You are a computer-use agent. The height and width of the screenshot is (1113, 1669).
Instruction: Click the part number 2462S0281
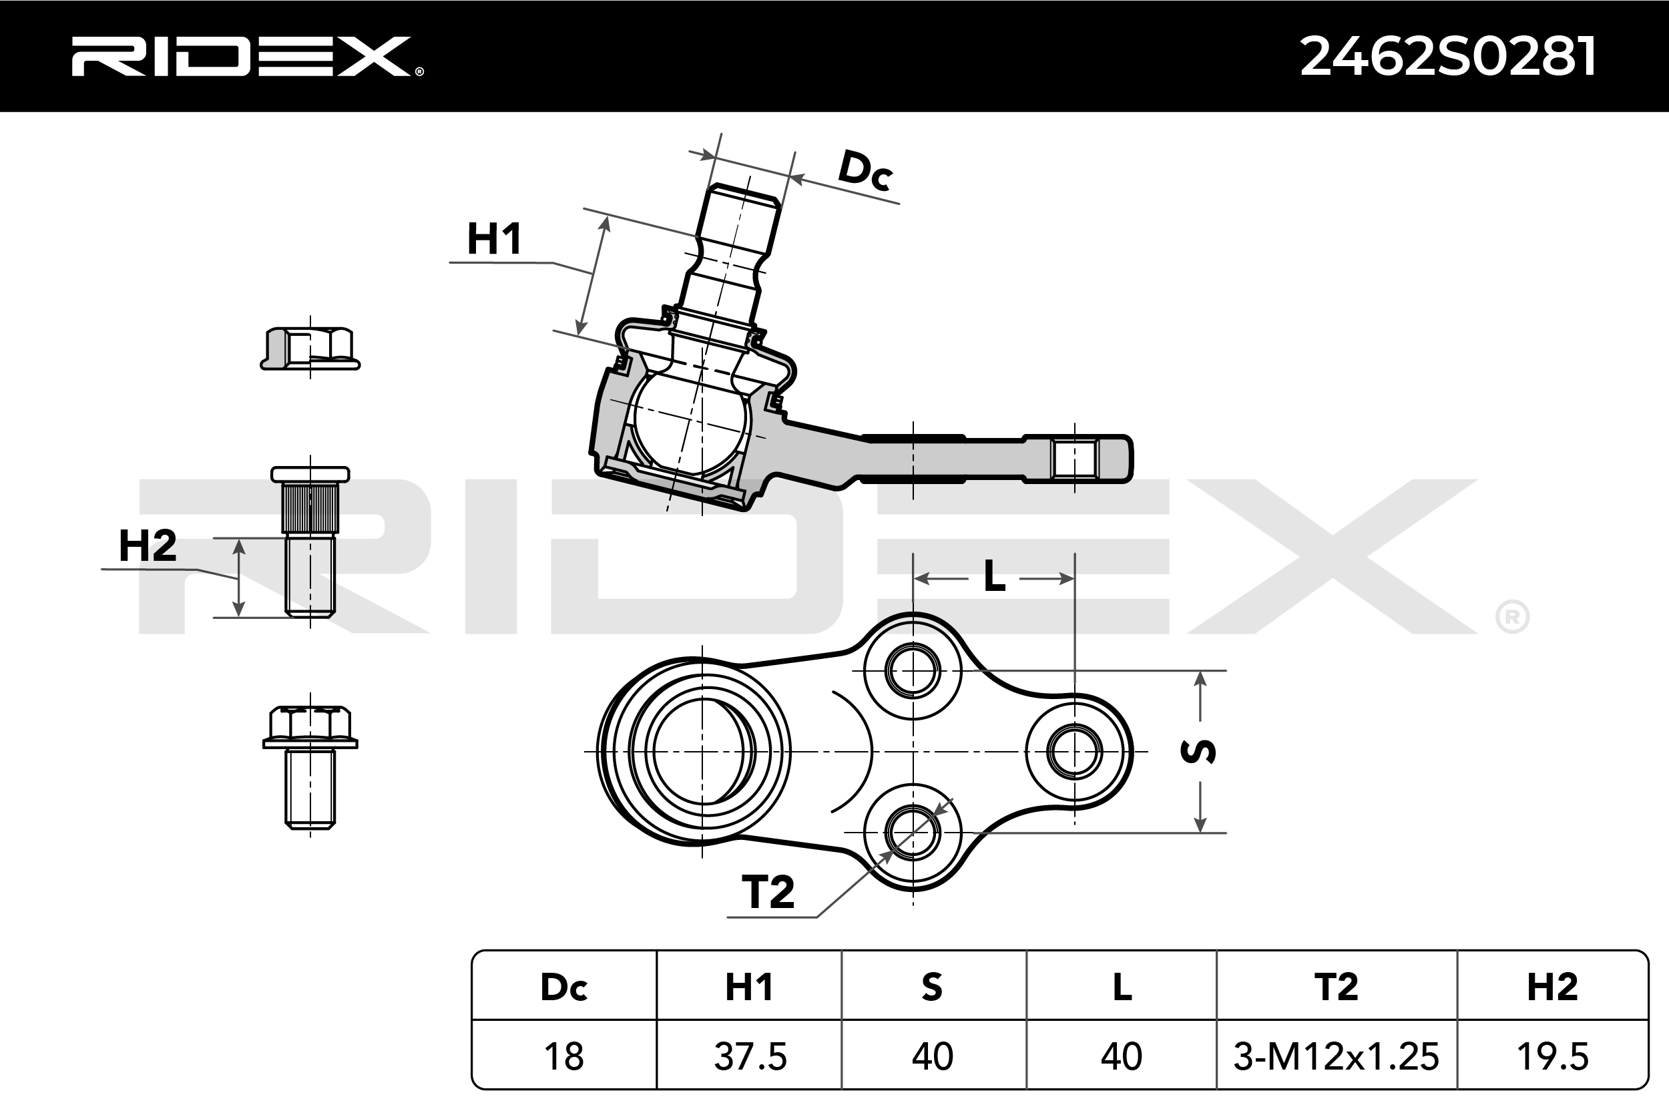[1447, 57]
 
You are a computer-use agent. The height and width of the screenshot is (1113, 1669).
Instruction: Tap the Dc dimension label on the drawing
[865, 171]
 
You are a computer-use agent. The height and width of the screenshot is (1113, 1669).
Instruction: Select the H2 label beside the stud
[148, 546]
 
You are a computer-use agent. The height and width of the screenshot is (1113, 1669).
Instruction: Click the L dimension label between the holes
[994, 577]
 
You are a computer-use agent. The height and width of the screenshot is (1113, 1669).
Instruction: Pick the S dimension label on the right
[1198, 751]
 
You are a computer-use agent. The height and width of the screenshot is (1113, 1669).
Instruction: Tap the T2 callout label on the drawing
[768, 892]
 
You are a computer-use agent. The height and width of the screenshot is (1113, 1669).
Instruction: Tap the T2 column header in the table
[1335, 987]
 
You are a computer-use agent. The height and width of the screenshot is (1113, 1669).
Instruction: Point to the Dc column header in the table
[564, 987]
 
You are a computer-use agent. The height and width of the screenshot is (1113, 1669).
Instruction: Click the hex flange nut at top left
[310, 349]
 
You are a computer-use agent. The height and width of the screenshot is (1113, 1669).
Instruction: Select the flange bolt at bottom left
[310, 766]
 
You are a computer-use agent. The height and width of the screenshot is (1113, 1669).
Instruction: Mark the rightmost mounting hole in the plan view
[1074, 751]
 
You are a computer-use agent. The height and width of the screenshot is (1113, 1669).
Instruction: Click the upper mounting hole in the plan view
[913, 671]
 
